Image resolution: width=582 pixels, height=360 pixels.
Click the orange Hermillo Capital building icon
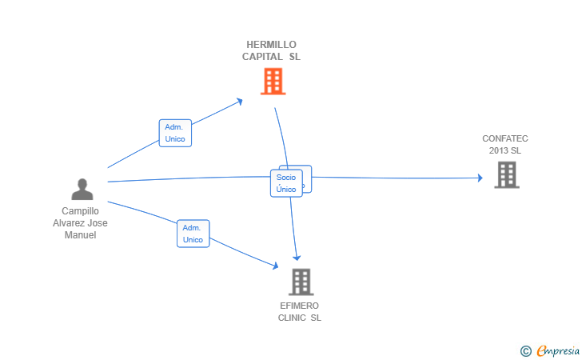click(273, 81)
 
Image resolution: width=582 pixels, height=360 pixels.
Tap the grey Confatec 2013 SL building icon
click(506, 174)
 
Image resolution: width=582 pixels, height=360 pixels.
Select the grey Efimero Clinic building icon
click(301, 282)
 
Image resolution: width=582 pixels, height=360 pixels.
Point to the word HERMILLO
click(272, 45)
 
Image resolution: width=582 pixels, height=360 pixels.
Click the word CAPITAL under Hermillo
click(262, 57)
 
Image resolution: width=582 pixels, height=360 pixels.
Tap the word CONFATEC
click(505, 138)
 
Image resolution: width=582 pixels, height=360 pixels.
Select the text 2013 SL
click(505, 150)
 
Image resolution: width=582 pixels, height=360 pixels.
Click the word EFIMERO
click(300, 306)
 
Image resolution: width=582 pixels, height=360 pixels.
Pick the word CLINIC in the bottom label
click(292, 318)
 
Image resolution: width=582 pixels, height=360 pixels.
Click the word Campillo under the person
click(80, 211)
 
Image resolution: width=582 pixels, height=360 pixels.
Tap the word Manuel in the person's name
click(80, 235)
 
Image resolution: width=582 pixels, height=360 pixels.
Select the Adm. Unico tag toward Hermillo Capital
click(175, 133)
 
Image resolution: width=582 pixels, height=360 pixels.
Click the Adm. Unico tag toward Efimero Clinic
click(193, 234)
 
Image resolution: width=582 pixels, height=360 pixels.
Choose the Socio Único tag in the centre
click(286, 183)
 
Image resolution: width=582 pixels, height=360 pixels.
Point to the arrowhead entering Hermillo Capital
click(240, 101)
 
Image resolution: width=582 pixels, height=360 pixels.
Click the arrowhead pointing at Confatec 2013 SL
click(479, 178)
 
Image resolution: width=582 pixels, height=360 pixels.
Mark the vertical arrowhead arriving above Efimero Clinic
click(297, 258)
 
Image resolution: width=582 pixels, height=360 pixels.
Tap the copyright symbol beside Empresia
click(525, 350)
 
